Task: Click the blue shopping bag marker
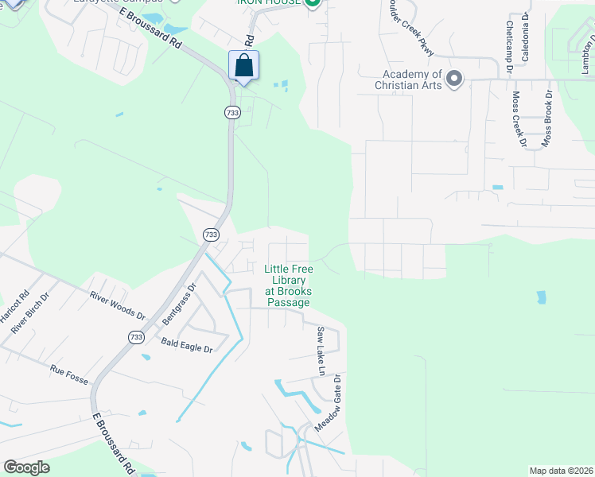(x=244, y=65)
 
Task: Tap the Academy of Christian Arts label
(x=409, y=79)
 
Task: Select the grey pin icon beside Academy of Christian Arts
(x=454, y=79)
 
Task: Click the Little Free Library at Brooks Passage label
(x=288, y=286)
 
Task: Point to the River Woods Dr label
(x=117, y=305)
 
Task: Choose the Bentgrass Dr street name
(x=180, y=303)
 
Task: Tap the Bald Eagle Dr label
(x=187, y=348)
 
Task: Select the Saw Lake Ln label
(x=321, y=351)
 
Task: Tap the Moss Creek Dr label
(x=519, y=119)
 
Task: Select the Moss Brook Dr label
(x=547, y=118)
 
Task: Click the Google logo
(x=26, y=467)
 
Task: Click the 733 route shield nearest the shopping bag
(x=231, y=113)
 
